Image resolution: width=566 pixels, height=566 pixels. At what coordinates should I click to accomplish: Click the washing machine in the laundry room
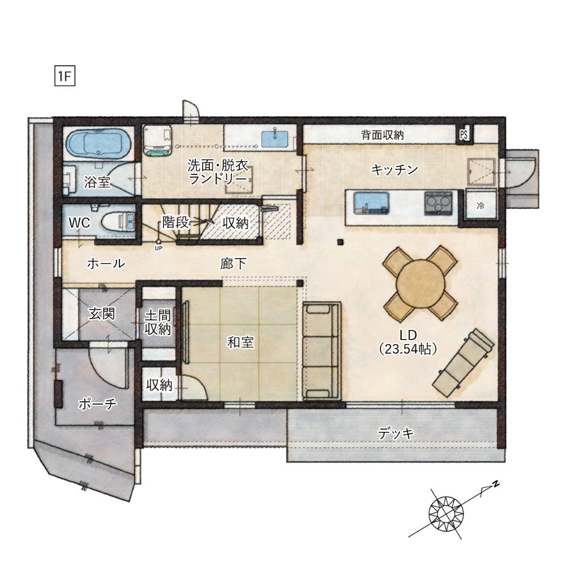point(157,140)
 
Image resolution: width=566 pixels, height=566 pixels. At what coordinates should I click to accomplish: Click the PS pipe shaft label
point(464,135)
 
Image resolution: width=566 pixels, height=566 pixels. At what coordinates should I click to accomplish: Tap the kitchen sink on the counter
point(371,203)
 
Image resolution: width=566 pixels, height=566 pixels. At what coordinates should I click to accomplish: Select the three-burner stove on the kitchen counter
point(438,203)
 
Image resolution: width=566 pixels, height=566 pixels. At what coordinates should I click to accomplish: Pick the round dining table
point(420,284)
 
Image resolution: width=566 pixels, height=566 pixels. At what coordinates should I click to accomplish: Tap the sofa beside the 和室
point(321,351)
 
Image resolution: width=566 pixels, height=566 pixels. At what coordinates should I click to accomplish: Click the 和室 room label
point(241,342)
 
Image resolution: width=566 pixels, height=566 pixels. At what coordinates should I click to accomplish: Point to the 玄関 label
point(102,314)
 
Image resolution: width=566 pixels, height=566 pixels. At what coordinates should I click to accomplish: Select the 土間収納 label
point(158,323)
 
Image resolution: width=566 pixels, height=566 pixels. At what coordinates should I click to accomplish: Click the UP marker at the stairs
point(158,248)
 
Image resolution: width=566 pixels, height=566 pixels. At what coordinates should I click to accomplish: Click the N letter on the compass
point(496,484)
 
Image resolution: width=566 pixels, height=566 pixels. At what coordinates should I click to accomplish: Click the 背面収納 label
point(382,135)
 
